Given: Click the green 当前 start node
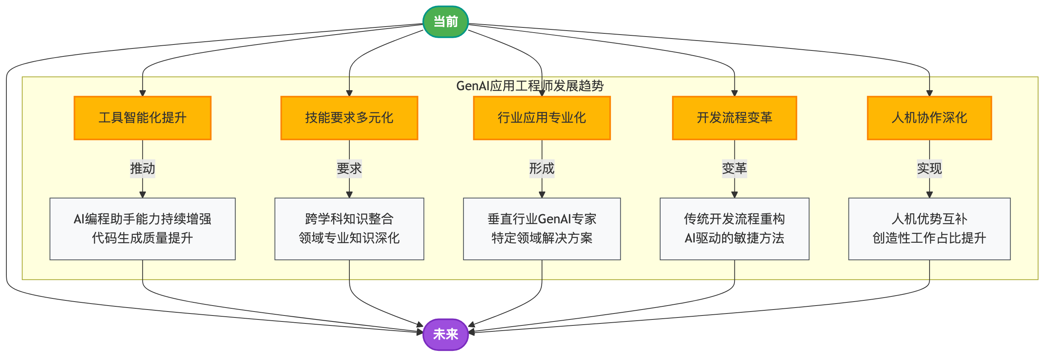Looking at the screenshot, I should click(445, 22).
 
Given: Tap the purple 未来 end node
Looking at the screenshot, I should click(445, 334).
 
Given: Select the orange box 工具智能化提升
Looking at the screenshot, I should click(142, 118).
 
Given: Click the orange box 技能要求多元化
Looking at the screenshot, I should click(349, 118).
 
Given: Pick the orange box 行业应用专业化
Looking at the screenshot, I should click(542, 118).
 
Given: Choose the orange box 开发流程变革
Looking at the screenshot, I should click(734, 118).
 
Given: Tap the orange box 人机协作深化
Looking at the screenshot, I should click(929, 118).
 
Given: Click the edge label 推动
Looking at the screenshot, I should click(142, 168).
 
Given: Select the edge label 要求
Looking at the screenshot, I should click(349, 168).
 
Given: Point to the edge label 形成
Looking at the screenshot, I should click(542, 168).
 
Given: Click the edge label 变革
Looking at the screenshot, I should click(734, 168).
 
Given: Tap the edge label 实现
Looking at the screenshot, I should click(929, 168).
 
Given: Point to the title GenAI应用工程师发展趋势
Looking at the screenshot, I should click(530, 86).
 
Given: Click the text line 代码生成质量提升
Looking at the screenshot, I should click(142, 238).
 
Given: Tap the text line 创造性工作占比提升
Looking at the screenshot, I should click(929, 238).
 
